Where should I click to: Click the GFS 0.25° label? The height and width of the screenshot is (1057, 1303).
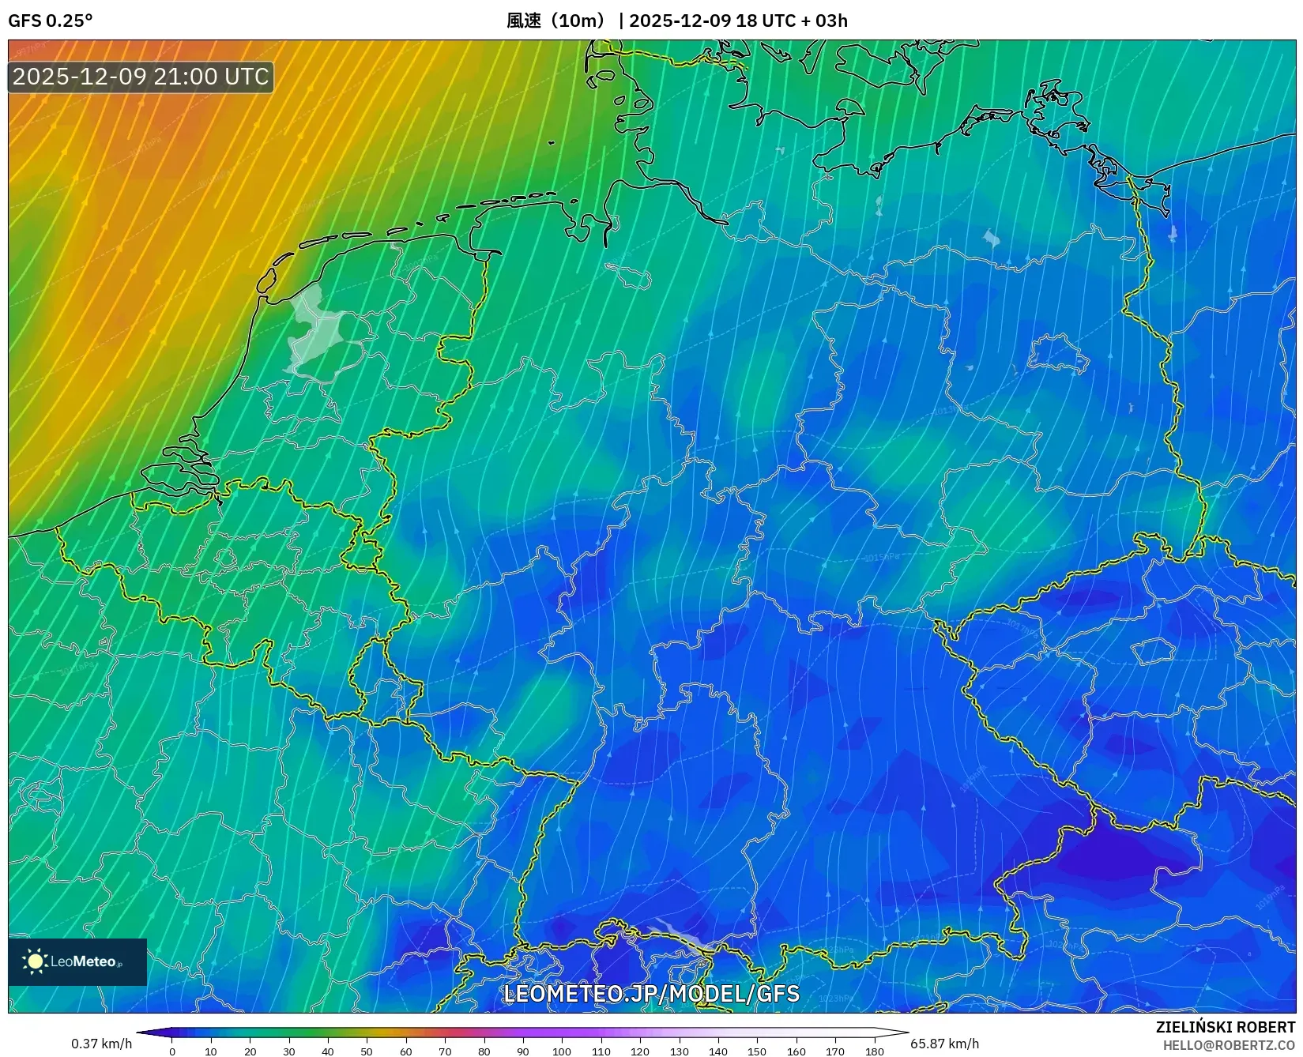click(x=50, y=21)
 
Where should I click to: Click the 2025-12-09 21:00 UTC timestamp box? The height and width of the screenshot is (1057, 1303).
click(x=141, y=77)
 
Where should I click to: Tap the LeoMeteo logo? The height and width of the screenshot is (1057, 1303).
click(x=77, y=961)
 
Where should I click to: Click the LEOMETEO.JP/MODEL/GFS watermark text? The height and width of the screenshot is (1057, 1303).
click(x=651, y=993)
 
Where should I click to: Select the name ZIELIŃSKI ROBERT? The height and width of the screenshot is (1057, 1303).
click(x=1226, y=1027)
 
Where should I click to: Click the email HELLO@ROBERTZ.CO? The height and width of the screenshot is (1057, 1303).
click(x=1229, y=1045)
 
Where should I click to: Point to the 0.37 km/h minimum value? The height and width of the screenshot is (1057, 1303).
click(x=102, y=1044)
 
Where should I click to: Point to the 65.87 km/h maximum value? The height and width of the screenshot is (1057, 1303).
click(x=944, y=1044)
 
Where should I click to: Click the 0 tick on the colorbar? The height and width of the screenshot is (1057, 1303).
click(x=172, y=1051)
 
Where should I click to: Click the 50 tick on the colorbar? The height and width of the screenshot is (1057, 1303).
click(x=367, y=1051)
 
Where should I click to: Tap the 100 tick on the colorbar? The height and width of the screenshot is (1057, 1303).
click(x=562, y=1051)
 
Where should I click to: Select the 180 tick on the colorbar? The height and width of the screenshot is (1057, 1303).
click(x=874, y=1051)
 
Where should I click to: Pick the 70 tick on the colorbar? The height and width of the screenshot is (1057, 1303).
click(x=445, y=1051)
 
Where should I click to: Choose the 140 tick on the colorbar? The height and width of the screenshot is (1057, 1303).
click(x=718, y=1051)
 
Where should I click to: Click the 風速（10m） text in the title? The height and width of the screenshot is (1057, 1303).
click(x=556, y=21)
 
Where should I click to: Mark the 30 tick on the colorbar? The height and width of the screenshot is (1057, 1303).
click(x=289, y=1051)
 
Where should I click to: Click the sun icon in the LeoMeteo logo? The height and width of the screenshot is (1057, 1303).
click(x=35, y=961)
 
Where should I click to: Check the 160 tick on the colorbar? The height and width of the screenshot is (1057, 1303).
click(x=796, y=1051)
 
